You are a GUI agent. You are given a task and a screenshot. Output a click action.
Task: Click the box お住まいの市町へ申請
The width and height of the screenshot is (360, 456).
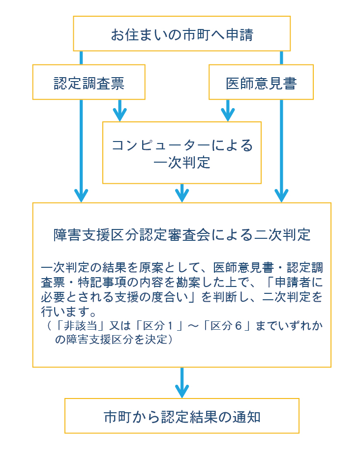181,33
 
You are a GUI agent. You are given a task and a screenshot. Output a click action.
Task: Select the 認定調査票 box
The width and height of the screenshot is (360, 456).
89,82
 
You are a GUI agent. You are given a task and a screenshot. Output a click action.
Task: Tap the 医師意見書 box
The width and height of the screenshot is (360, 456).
261,82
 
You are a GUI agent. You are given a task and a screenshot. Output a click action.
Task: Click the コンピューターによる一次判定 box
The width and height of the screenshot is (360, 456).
181,153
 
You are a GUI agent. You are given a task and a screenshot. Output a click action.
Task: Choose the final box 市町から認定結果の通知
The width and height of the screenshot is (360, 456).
181,416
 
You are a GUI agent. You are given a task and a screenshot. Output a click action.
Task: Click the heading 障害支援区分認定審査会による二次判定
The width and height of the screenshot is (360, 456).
181,234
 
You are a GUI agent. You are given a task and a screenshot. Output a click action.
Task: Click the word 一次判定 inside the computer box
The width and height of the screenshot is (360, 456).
181,163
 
